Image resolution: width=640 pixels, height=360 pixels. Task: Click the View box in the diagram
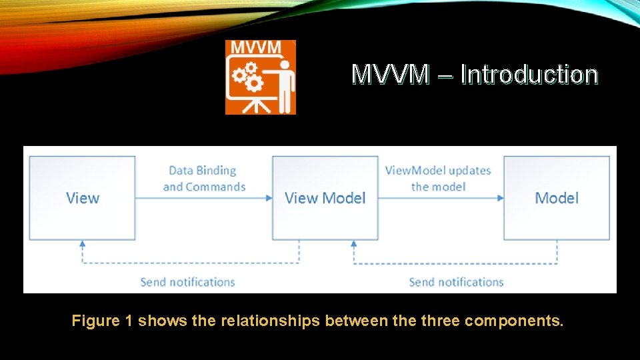[x=82, y=198]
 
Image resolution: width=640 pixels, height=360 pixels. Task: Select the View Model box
[x=325, y=198]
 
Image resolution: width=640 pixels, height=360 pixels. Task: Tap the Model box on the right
[x=556, y=198]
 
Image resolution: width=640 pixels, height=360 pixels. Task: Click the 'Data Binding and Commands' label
[x=204, y=179]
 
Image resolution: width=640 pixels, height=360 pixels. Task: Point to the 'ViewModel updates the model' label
[x=438, y=179]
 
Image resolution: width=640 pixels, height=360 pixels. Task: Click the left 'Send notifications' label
[x=187, y=282]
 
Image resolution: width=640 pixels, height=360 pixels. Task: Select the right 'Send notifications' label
[x=456, y=282]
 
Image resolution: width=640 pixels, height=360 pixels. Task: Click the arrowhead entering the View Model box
[x=268, y=198]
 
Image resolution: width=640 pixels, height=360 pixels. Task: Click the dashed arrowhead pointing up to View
[x=82, y=244]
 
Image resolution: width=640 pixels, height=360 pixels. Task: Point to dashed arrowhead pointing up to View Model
[x=354, y=244]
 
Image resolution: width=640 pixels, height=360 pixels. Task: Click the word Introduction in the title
[x=529, y=74]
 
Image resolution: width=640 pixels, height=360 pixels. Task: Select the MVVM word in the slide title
[x=391, y=74]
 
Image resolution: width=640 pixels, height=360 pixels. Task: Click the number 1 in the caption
[x=127, y=321]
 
